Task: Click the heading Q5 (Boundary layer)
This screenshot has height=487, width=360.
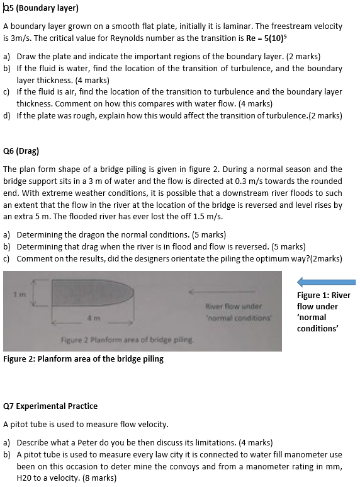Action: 41,9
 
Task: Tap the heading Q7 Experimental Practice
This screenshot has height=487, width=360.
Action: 50,406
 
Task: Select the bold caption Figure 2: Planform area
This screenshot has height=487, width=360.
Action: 83,359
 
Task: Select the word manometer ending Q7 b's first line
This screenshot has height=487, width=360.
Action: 307,454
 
